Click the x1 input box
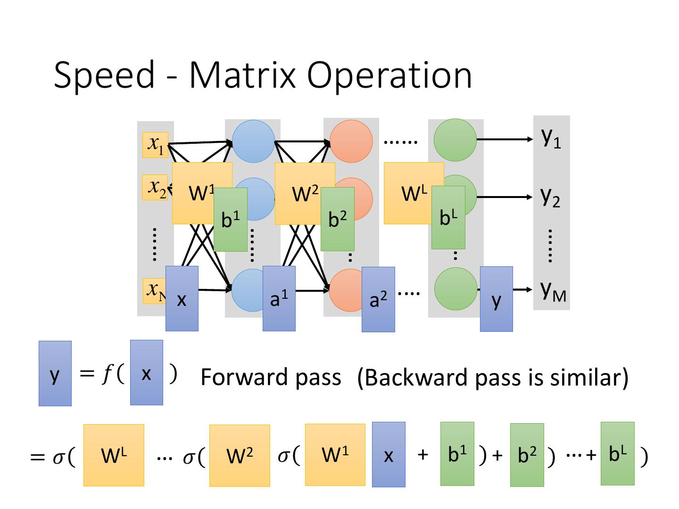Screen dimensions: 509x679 coord(155,145)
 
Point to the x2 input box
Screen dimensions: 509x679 coord(154,188)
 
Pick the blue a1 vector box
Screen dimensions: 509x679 coord(279,298)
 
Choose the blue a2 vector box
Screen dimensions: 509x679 coord(378,299)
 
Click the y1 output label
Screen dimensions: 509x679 coord(551,137)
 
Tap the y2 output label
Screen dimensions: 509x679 coord(550,197)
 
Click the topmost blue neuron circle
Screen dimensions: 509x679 coord(254,141)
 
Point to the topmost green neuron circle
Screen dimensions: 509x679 coord(455,140)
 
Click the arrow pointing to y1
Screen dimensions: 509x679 coord(505,140)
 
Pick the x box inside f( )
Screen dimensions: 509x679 coord(147,373)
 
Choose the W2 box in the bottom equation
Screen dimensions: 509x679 coord(240,455)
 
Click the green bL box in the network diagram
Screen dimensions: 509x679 coord(448,217)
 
